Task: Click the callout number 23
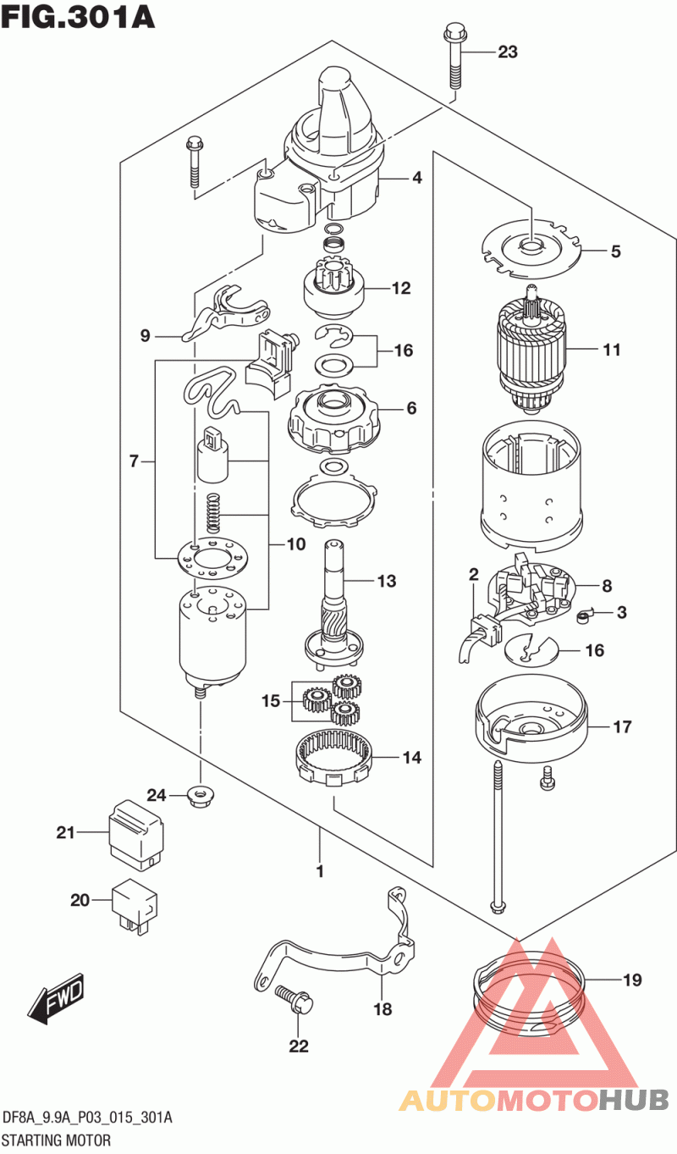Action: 507,52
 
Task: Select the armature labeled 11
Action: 531,351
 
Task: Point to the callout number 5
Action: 616,251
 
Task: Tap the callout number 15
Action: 271,701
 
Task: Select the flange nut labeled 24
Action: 201,797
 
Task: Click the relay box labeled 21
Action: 136,836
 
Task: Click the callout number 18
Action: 383,1009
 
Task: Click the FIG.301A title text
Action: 78,16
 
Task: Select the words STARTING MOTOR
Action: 57,1140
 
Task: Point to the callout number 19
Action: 632,980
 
